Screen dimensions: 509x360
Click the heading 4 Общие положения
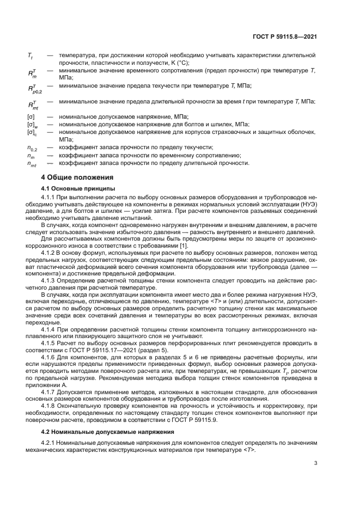pos(77,177)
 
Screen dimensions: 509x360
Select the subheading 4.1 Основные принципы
pos(72,188)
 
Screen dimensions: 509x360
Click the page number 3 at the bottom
pos(315,463)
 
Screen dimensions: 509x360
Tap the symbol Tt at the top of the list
pos(30,56)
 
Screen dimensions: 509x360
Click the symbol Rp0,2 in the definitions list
pos(34,88)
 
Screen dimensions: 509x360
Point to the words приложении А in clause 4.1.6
pos(62,384)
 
